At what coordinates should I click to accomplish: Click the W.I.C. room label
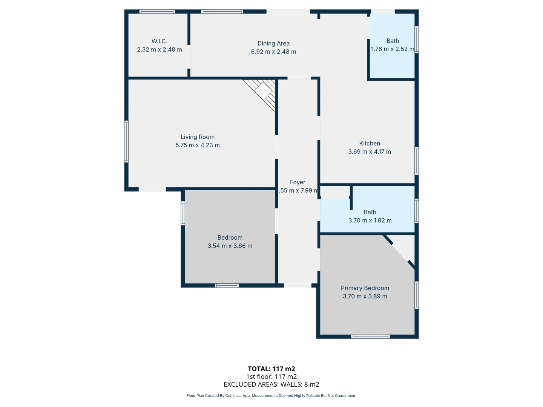[160, 41]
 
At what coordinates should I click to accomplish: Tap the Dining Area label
[273, 43]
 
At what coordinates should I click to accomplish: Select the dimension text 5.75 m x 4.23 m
[198, 145]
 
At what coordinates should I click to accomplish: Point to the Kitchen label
[370, 143]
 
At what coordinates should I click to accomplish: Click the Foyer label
[298, 182]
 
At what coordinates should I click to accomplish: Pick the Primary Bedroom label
[365, 288]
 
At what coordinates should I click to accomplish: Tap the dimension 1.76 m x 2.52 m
[393, 49]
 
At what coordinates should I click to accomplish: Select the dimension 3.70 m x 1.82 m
[370, 220]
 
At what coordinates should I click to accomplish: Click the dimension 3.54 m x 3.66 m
[230, 246]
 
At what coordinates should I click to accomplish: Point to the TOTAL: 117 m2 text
[271, 369]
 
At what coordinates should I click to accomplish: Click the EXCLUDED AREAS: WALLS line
[271, 384]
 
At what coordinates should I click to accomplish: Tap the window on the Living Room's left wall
[126, 141]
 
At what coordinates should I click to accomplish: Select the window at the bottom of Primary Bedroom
[370, 337]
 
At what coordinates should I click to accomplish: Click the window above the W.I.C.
[157, 12]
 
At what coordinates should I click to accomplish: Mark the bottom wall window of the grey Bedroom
[227, 285]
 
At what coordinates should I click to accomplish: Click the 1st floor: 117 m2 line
[271, 376]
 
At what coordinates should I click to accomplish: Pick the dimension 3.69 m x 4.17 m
[370, 151]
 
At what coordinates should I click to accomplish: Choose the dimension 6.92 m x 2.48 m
[273, 52]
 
